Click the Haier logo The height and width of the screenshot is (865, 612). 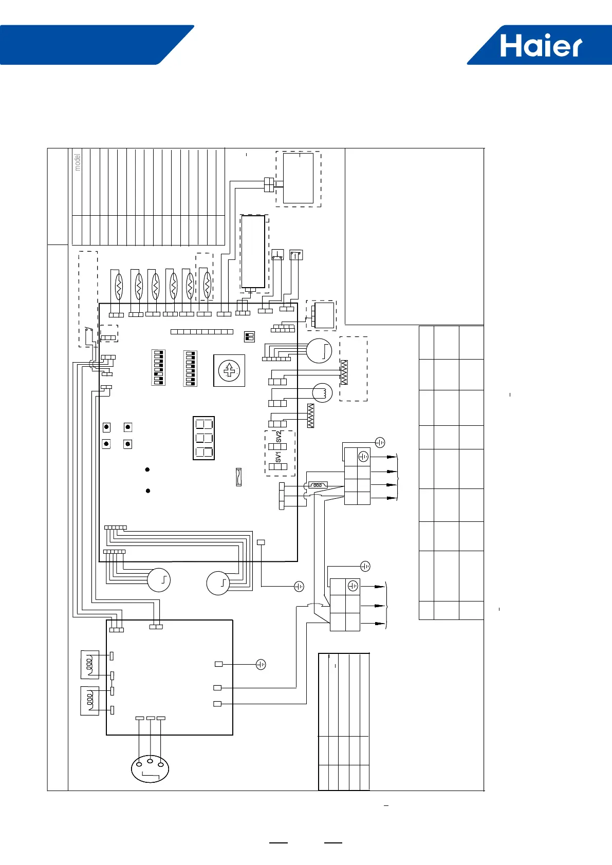click(541, 46)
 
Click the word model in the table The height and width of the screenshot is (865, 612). click(78, 162)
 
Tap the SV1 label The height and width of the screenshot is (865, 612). click(278, 457)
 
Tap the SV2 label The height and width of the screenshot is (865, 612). click(279, 437)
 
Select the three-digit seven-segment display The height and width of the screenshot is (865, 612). click(203, 438)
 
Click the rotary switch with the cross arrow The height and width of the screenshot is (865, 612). click(229, 370)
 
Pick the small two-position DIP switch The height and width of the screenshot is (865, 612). click(249, 336)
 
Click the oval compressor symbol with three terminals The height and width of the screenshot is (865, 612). click(150, 764)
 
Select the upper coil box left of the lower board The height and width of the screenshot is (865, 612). click(90, 664)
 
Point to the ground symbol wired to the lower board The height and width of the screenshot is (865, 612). click(261, 665)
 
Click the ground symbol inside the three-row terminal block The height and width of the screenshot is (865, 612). click(353, 586)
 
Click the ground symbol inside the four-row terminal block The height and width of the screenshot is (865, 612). click(363, 456)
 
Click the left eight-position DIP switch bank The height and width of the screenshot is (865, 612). click(158, 368)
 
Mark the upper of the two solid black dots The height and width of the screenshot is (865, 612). click(147, 469)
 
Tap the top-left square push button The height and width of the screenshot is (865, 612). click(106, 427)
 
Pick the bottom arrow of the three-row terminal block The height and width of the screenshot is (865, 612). click(380, 624)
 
